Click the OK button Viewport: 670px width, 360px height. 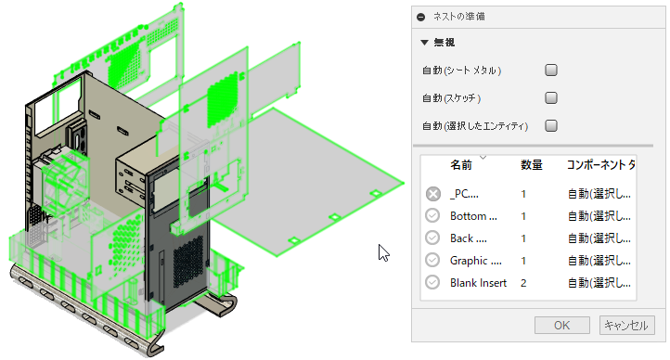pos(561,326)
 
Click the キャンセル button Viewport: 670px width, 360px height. pos(628,326)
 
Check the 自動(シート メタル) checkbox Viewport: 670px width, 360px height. pos(551,70)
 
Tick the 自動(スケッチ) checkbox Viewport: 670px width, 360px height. pos(551,97)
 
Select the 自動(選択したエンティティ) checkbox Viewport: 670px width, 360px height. pos(551,125)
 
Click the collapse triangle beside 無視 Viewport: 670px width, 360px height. pos(424,42)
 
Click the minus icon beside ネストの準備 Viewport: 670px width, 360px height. pos(421,16)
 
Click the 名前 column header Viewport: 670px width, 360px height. pos(461,165)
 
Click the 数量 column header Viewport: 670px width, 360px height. pos(532,165)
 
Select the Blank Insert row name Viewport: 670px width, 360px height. pos(478,283)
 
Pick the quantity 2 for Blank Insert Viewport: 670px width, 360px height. pos(524,283)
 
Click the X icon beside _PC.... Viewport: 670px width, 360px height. pos(433,194)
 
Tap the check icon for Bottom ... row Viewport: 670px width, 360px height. pos(433,216)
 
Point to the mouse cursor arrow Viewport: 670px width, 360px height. pos(382,251)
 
